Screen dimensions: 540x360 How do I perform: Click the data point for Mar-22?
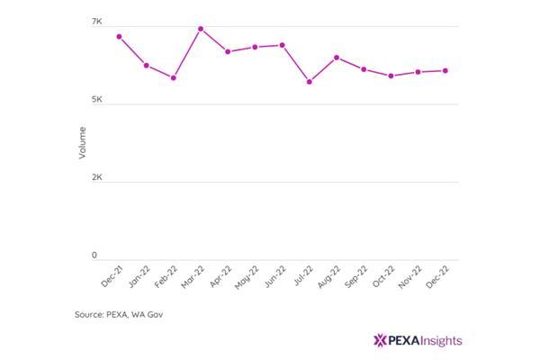coord(201,29)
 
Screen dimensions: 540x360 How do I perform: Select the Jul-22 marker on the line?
coord(310,82)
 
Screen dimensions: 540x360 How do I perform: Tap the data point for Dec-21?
coord(119,37)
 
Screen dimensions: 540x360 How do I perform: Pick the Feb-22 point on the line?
coord(174,78)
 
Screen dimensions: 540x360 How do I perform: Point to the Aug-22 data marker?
coord(337,58)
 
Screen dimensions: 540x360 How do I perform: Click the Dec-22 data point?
coord(445,70)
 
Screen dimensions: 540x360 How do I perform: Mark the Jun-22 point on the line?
coord(282,45)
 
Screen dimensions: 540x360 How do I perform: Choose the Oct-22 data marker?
coord(391,76)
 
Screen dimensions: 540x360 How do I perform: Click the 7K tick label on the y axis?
coord(97,22)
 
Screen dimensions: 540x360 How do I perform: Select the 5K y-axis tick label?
coord(97,100)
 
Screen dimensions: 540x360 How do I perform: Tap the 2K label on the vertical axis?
coord(97,177)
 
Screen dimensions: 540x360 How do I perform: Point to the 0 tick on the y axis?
coord(94,256)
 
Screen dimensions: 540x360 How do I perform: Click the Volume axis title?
coord(82,142)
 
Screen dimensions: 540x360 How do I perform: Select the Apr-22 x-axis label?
coord(220,276)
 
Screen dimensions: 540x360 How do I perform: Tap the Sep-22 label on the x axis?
coord(356,276)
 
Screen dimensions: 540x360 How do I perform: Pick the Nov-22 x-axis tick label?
coord(409,277)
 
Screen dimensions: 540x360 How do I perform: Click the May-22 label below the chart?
coord(247,277)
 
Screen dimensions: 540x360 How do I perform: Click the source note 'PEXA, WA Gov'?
coord(135,314)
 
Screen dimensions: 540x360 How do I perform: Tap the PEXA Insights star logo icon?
coord(380,340)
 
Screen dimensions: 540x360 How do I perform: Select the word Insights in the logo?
coord(442,341)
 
